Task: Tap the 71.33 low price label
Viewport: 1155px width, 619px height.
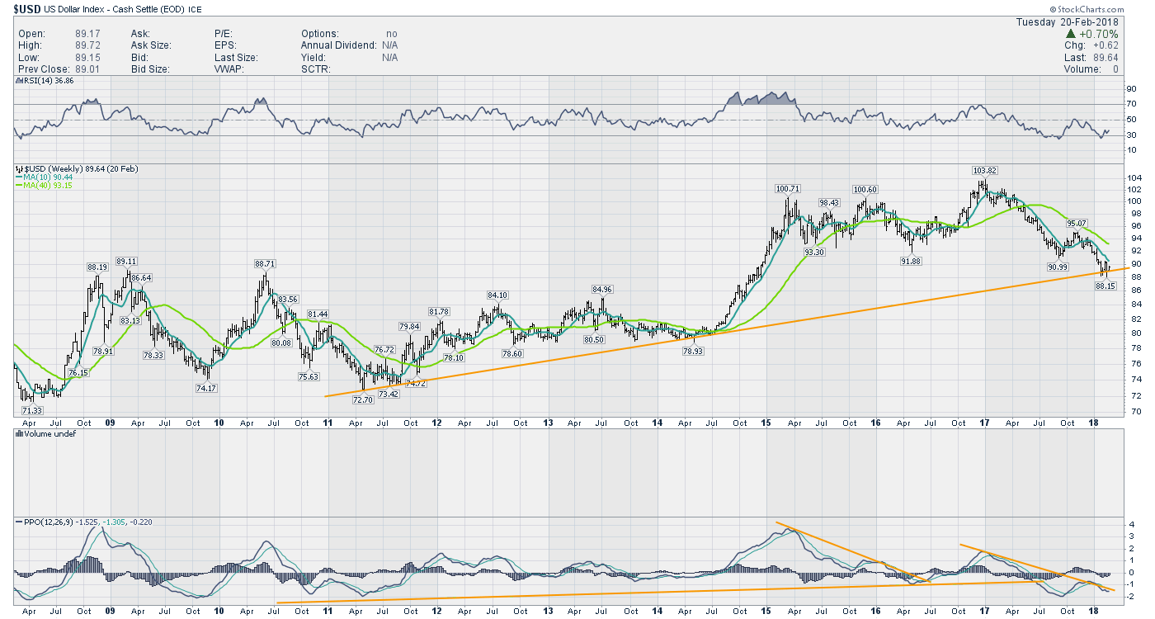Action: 34,409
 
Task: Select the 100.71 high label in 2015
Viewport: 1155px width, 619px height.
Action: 789,189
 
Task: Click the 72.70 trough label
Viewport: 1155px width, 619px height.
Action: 362,399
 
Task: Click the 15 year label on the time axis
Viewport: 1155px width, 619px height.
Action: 766,423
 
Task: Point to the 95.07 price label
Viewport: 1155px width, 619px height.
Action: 1077,223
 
